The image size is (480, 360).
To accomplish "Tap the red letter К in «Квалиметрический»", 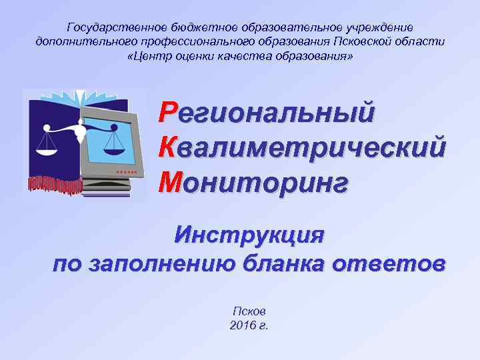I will [x=169, y=147].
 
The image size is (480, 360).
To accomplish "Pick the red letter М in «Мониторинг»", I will [x=171, y=181].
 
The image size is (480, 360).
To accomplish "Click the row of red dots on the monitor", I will [x=127, y=172].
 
